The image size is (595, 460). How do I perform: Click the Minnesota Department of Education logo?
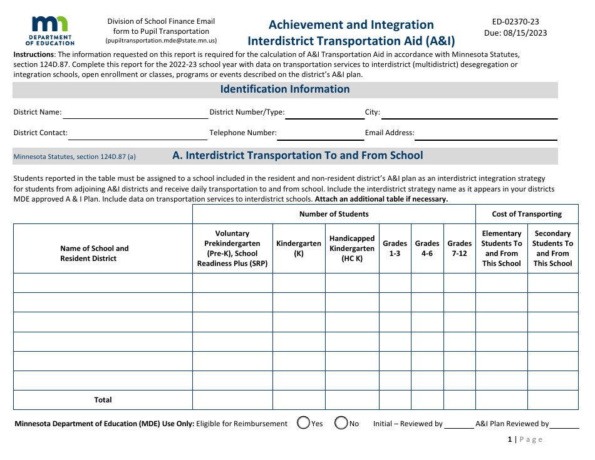point(50,31)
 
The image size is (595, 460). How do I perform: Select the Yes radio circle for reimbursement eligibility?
point(304,423)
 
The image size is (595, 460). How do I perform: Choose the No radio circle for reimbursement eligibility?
point(341,423)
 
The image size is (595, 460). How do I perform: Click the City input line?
point(468,113)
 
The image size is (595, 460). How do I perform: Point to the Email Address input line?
point(486,134)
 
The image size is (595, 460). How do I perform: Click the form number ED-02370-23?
point(515,21)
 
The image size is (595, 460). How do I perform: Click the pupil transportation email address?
point(161,40)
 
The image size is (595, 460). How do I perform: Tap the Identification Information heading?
point(285,89)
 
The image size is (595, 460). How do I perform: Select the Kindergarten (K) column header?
point(299,248)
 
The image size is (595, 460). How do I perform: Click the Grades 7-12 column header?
point(459,248)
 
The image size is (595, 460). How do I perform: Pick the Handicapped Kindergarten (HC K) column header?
point(352,248)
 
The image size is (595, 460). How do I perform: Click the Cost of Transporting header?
point(527,214)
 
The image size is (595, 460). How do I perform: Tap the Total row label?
point(103,400)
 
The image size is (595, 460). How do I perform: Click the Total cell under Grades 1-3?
point(395,400)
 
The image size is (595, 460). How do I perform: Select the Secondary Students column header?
point(552,248)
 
